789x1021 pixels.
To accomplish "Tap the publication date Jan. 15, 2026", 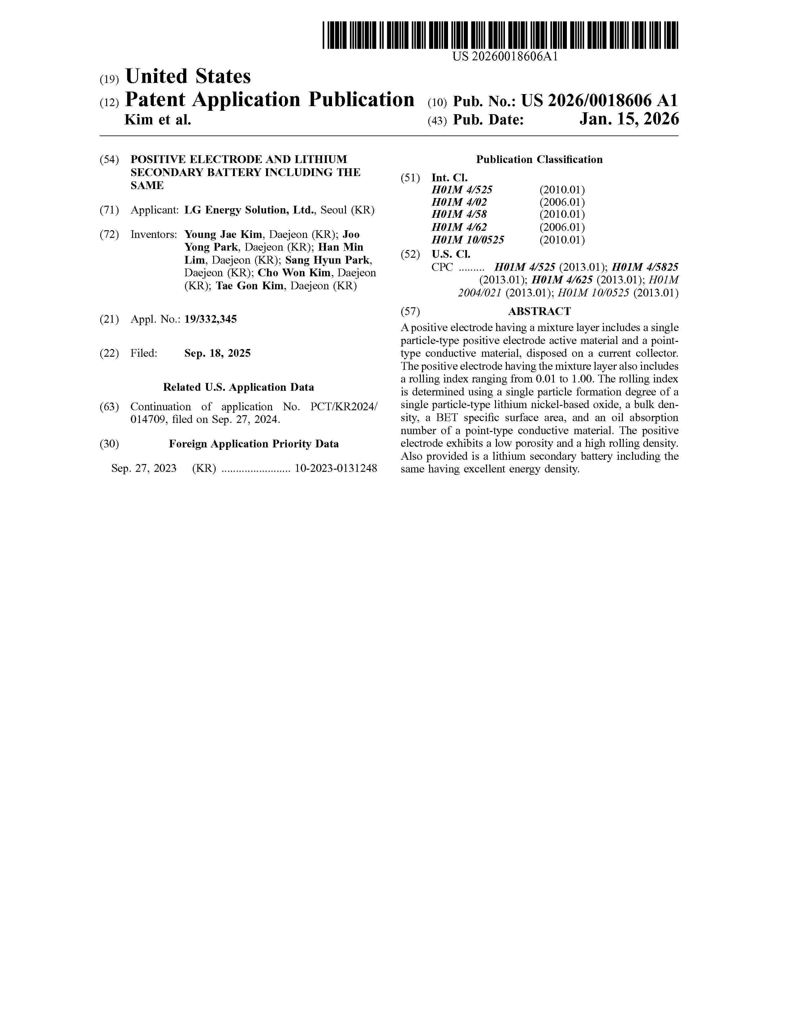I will point(629,120).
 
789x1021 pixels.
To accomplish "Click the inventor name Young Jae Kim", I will point(223,235).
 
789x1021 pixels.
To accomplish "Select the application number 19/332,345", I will point(210,319).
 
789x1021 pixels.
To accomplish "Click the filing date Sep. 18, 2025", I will point(217,353).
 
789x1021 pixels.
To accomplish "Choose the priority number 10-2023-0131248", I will point(336,468).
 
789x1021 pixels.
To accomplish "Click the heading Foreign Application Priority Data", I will point(254,444).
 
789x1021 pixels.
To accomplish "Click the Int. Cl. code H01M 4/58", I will point(459,215).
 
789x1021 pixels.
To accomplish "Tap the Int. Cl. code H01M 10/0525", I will point(468,240).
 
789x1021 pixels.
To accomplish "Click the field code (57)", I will point(410,311).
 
